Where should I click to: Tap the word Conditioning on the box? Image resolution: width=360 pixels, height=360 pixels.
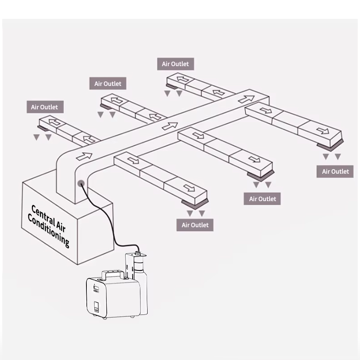click(x=49, y=230)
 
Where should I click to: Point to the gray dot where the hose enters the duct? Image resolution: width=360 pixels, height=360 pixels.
click(x=81, y=184)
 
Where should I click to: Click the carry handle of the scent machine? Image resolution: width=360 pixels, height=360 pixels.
click(x=113, y=274)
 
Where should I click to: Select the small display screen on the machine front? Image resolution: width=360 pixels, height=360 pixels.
click(x=96, y=288)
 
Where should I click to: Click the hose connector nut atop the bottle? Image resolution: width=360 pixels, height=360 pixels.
click(x=138, y=253)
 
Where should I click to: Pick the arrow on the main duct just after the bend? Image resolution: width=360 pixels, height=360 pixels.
click(x=84, y=156)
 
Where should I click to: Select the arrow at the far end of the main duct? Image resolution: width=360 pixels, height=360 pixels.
click(x=247, y=99)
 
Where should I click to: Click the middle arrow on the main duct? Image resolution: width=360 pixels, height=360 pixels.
click(x=170, y=126)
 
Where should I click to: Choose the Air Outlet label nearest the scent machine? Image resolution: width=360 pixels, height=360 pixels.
click(x=195, y=225)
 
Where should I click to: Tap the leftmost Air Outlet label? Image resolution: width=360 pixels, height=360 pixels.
click(x=45, y=107)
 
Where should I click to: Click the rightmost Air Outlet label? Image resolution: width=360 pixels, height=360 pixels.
click(x=335, y=171)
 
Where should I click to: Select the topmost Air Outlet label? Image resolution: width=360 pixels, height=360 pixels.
click(x=175, y=64)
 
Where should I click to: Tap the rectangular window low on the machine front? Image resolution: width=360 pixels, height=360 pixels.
click(x=96, y=307)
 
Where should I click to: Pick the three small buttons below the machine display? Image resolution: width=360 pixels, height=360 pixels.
click(x=96, y=292)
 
